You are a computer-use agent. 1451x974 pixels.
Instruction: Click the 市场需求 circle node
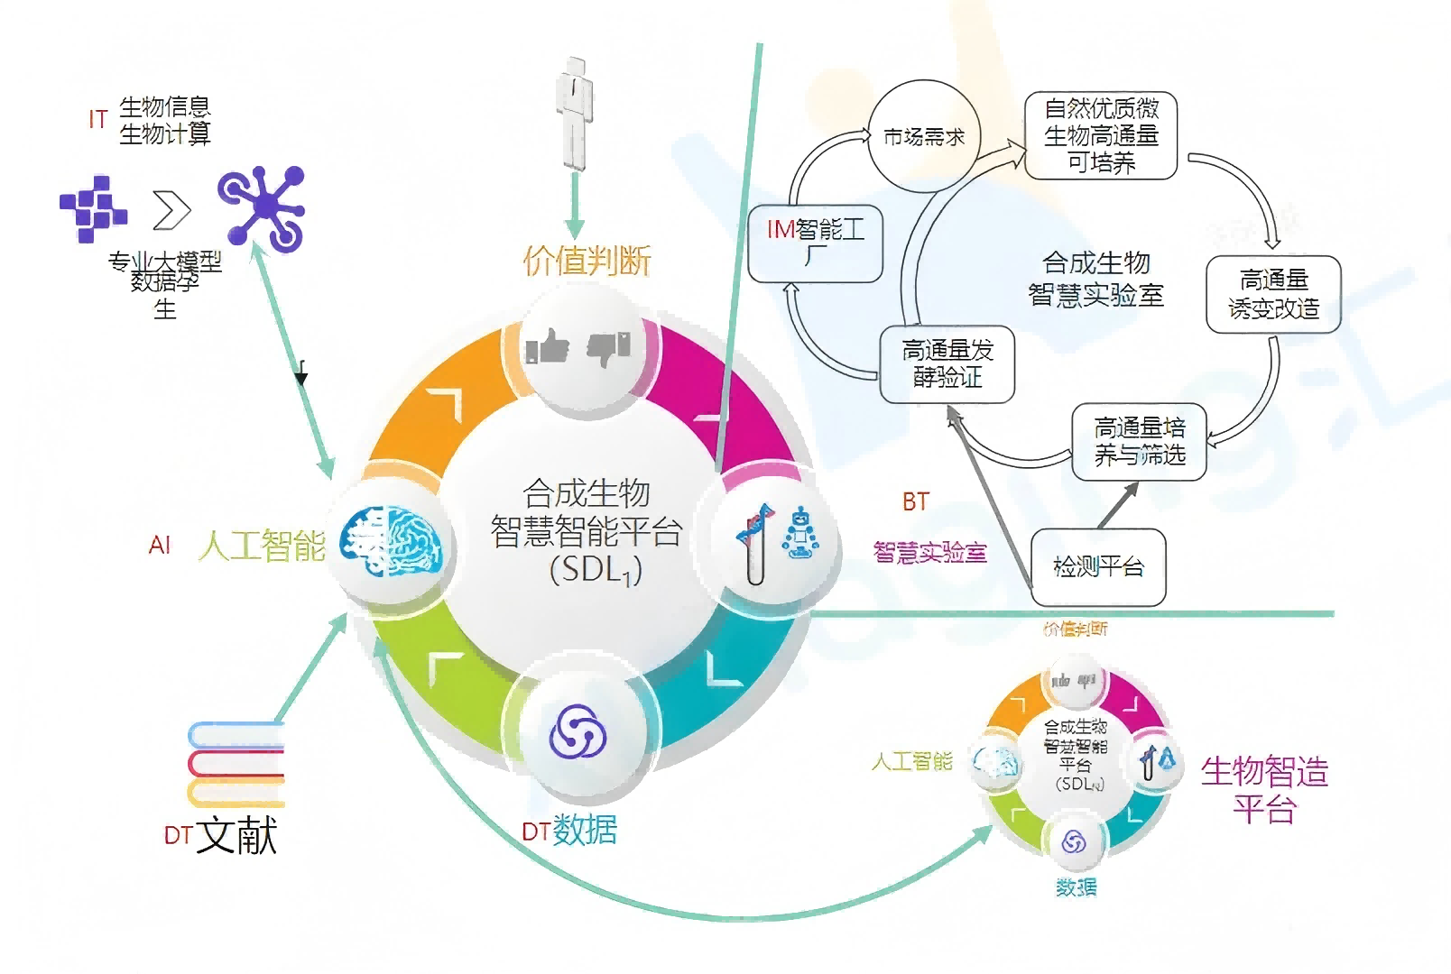(923, 137)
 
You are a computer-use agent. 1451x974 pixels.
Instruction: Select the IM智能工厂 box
(816, 243)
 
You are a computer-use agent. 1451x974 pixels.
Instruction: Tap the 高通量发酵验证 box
(947, 363)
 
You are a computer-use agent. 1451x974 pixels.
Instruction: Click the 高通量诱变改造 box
(1273, 294)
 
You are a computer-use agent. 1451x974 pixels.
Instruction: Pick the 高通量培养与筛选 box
(1139, 441)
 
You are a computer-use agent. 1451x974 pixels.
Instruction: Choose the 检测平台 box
(1098, 566)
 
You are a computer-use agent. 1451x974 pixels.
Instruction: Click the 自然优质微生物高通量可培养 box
(1101, 135)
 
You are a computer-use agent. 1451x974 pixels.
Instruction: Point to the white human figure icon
(574, 113)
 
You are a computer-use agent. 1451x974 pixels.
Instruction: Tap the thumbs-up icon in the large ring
(548, 346)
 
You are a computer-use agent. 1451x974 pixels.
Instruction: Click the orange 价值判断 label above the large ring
(587, 261)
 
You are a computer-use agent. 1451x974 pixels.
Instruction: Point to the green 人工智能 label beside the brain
(262, 546)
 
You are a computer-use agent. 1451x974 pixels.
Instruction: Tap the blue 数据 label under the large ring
(585, 830)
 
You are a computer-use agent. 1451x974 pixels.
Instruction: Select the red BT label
(915, 501)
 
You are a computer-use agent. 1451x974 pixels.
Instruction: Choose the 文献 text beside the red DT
(236, 835)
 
